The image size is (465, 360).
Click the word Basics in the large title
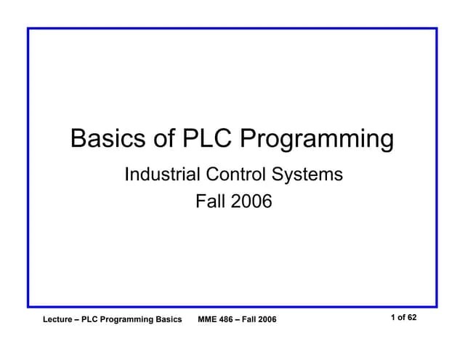[x=108, y=138]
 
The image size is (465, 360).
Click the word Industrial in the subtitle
[x=162, y=175]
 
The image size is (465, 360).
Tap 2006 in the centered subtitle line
[x=251, y=201]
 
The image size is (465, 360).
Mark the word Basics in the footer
[x=169, y=320]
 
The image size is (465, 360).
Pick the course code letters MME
[x=208, y=320]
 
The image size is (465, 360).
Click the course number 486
[x=229, y=320]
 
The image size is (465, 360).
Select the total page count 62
[x=412, y=318]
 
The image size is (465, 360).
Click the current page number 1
[x=392, y=318]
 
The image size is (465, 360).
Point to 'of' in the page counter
[x=401, y=318]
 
